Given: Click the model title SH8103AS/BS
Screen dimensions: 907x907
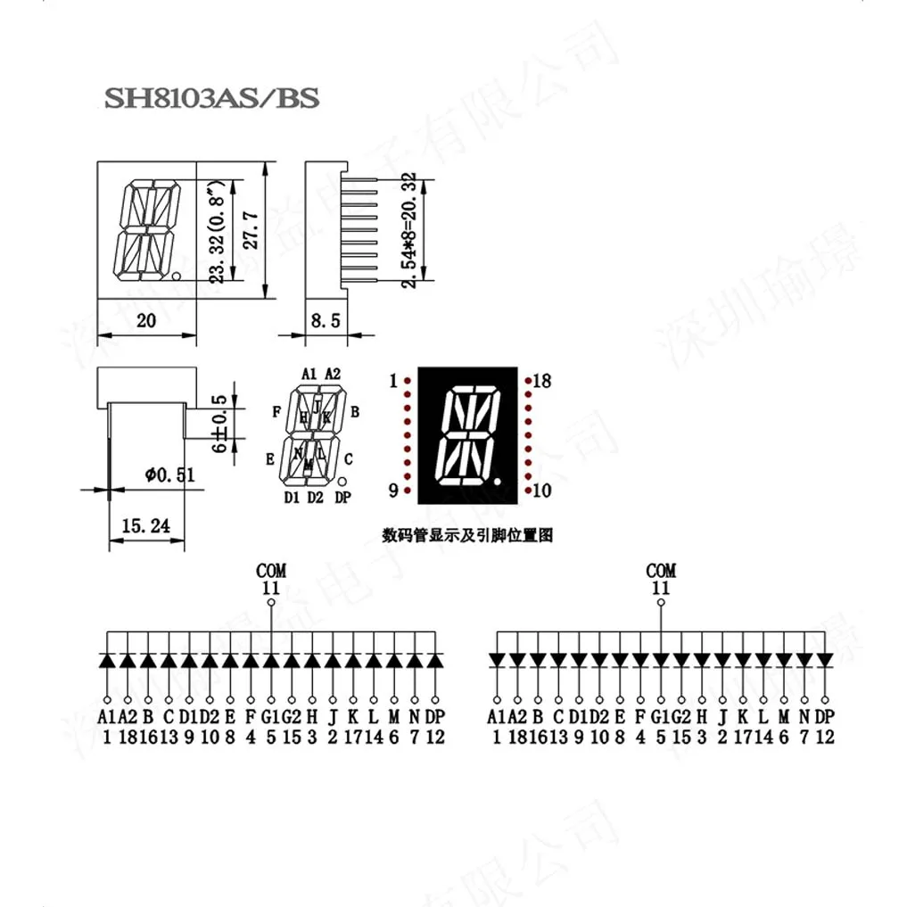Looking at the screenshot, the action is (211, 98).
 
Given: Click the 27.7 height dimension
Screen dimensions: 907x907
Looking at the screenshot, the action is (251, 229).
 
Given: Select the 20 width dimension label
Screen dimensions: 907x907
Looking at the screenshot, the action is (145, 321).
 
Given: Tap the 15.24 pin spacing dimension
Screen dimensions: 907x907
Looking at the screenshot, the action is (146, 526).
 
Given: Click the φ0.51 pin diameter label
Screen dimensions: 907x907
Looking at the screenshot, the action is (169, 475).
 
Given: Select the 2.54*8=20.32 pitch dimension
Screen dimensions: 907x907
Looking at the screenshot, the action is (408, 229).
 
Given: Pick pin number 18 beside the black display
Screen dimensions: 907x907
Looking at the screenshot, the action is (541, 381).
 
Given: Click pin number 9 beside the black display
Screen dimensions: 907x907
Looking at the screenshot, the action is (393, 491).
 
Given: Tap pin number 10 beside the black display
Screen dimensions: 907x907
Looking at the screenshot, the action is (541, 491).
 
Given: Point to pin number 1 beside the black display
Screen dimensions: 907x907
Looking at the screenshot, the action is (393, 382).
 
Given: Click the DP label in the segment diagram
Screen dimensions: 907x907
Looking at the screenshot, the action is (343, 498).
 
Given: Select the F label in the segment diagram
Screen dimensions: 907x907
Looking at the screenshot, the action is (277, 411).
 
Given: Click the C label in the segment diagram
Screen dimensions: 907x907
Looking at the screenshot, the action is (348, 459).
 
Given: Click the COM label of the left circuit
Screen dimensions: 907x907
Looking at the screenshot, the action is (271, 570).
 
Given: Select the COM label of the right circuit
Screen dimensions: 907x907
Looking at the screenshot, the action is (661, 570).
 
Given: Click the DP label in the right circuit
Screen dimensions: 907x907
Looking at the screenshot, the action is (825, 717).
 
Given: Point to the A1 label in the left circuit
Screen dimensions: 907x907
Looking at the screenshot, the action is (106, 717).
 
